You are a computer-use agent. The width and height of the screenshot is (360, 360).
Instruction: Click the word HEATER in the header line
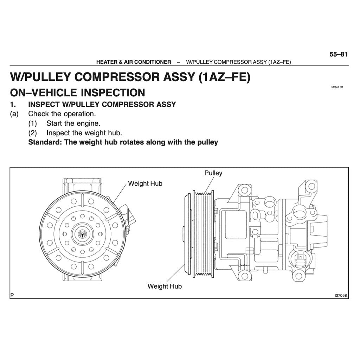click(x=107, y=62)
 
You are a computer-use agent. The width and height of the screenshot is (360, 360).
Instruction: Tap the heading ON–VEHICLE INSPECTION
click(x=77, y=92)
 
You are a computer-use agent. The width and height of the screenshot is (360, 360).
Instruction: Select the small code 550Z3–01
click(x=337, y=86)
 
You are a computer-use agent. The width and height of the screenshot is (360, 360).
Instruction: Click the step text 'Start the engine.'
click(x=73, y=123)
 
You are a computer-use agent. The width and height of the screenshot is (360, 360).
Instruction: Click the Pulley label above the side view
click(x=213, y=173)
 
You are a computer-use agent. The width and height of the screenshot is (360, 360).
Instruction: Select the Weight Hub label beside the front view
click(x=145, y=184)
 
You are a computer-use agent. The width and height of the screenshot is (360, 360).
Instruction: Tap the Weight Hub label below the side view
click(x=165, y=286)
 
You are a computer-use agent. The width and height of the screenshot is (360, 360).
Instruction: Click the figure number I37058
click(x=341, y=296)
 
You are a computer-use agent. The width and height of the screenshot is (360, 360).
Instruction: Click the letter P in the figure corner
click(x=12, y=295)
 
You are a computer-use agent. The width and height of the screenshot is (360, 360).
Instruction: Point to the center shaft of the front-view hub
click(x=82, y=234)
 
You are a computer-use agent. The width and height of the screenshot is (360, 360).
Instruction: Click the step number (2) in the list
click(x=33, y=133)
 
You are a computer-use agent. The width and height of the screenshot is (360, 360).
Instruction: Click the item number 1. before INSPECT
click(x=13, y=104)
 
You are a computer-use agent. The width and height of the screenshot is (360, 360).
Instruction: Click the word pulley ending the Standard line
click(x=208, y=142)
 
